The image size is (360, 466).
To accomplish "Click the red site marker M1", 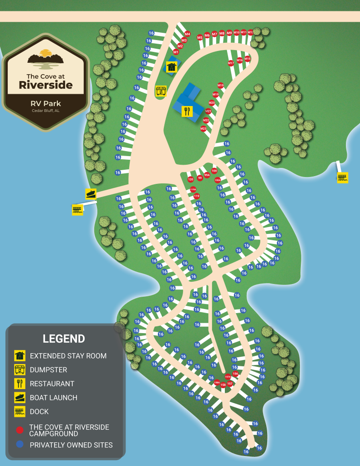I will (x=176, y=52).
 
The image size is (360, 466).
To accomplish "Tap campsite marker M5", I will (x=200, y=37).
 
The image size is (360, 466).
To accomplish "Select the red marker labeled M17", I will (x=231, y=63).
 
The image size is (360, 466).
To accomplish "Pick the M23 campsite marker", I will (x=203, y=129).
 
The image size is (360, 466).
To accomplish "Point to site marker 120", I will (x=191, y=179).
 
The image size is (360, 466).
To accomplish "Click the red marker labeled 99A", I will (x=207, y=175).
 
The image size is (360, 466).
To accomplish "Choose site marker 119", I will (x=197, y=196).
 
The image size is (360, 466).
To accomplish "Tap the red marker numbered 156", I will (x=235, y=374).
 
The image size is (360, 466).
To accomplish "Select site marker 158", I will (x=223, y=385).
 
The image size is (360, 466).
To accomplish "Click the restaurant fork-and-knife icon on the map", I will (x=187, y=111).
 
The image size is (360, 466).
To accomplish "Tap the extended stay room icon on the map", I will (x=171, y=67).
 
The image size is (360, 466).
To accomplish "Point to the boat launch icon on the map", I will (x=91, y=194).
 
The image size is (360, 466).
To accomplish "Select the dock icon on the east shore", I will (x=343, y=178).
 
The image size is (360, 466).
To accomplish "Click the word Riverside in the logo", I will (x=46, y=85).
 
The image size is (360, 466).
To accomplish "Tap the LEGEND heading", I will (x=64, y=339).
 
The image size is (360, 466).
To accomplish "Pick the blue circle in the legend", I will (x=20, y=445).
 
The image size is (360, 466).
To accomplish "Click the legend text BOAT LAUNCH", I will (x=53, y=397).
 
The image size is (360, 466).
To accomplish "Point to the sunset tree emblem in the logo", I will (x=45, y=57).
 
